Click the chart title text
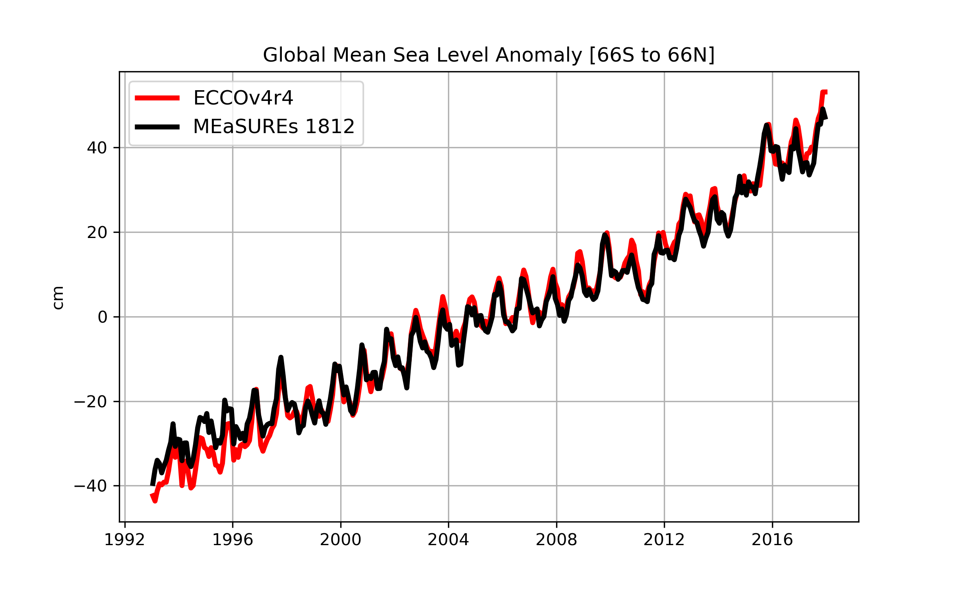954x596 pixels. [x=489, y=55]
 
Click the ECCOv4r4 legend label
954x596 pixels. [x=243, y=98]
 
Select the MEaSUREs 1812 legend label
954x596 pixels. [x=273, y=126]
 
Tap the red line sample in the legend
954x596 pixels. [x=157, y=98]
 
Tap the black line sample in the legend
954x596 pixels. [x=157, y=127]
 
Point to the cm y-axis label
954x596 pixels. [x=58, y=298]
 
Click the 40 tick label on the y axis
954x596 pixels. [x=97, y=148]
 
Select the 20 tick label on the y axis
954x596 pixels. [x=97, y=232]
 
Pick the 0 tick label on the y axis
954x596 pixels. [x=102, y=317]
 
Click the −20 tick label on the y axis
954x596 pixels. [x=90, y=402]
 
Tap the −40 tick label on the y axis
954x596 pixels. [x=90, y=486]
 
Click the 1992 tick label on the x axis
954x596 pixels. [x=124, y=540]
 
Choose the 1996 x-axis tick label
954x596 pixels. [x=233, y=540]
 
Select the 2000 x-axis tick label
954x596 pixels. [x=341, y=540]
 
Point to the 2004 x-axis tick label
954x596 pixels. [x=448, y=540]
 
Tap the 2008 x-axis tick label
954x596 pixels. [x=556, y=540]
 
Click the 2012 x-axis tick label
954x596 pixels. [x=664, y=540]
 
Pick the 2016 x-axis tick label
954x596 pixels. [x=772, y=540]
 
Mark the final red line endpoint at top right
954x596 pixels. [x=826, y=92]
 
